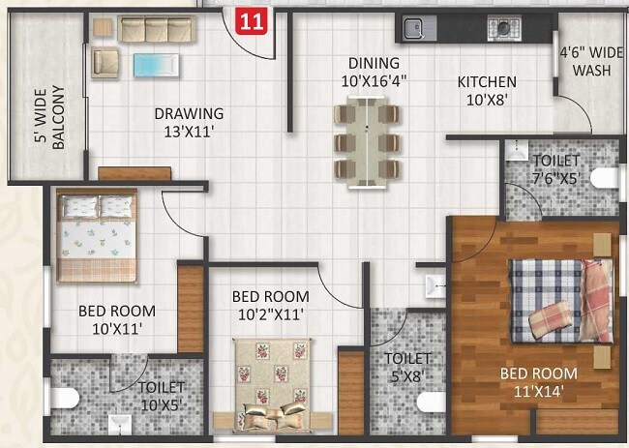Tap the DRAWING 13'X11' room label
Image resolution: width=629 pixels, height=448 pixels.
coord(189,122)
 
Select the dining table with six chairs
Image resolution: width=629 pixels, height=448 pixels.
coord(367,141)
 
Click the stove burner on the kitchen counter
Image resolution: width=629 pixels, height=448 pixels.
coord(504,26)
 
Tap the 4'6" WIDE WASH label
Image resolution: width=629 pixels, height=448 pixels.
coord(590,62)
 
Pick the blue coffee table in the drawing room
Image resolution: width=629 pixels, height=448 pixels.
coord(156,66)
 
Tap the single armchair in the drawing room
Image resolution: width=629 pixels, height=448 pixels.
coord(105,63)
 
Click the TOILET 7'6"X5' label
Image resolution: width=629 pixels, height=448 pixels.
coord(556,168)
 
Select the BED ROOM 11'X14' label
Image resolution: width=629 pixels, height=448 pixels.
coord(539,381)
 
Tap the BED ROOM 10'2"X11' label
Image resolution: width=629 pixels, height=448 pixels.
coord(271,305)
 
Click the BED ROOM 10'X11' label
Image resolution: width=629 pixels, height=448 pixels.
coord(116,319)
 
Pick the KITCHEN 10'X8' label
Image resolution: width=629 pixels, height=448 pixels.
coord(487,90)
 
